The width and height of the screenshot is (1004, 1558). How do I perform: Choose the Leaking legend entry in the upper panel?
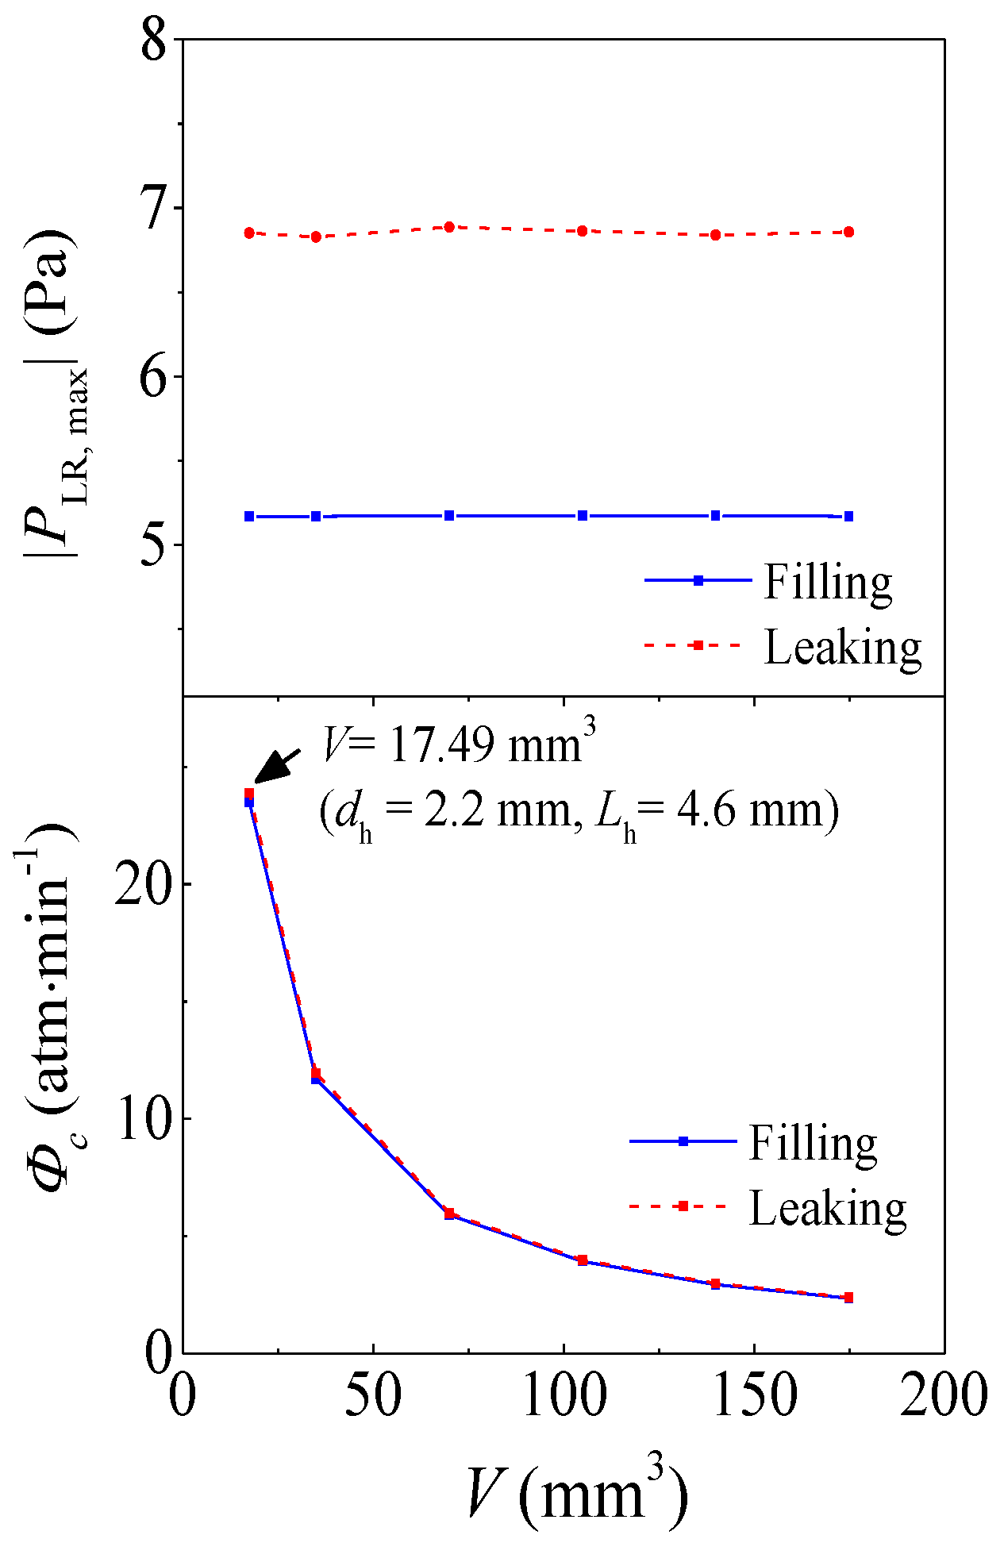point(841,647)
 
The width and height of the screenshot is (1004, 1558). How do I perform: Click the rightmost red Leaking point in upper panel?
point(848,232)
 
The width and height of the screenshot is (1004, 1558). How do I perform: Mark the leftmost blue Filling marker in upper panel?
point(249,516)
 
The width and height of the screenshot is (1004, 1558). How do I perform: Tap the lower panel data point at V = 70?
point(449,1214)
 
